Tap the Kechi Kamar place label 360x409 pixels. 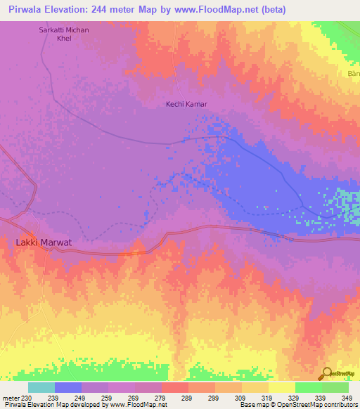186,104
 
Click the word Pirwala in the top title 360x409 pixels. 29,9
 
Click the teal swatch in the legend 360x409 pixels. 41,387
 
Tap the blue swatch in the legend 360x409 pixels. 68,387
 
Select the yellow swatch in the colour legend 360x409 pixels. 281,387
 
